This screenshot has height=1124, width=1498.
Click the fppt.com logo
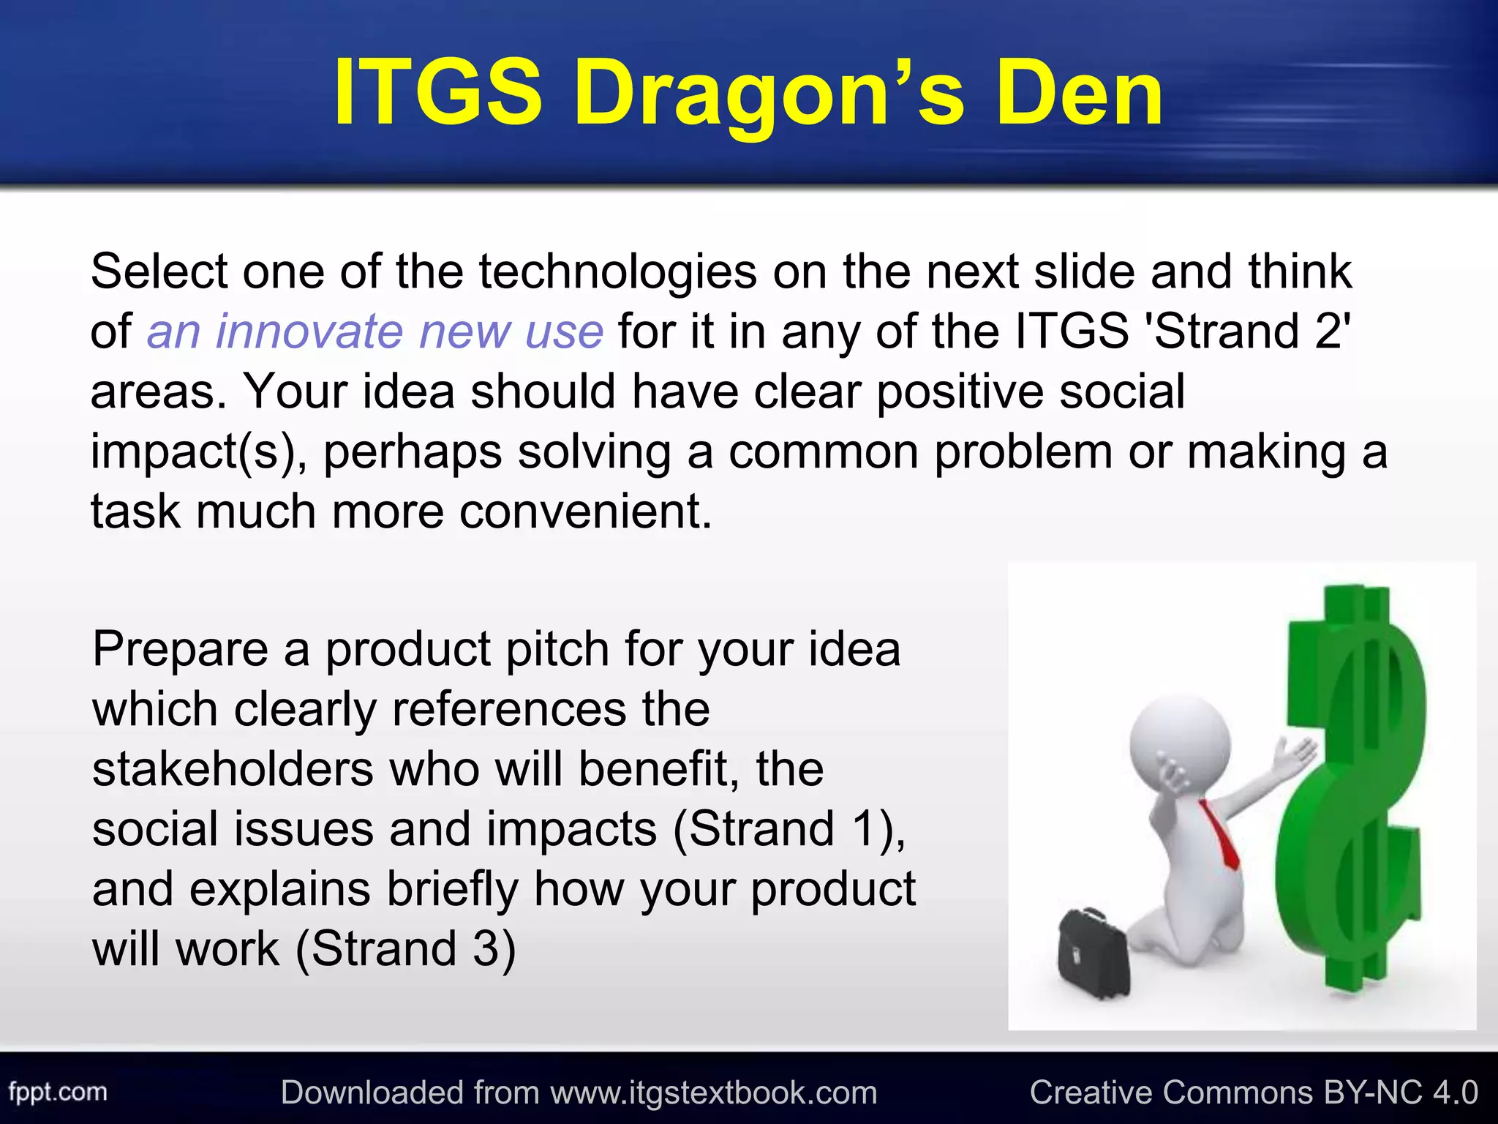pyautogui.click(x=58, y=1093)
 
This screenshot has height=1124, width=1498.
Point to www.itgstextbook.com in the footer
pyautogui.click(x=713, y=1093)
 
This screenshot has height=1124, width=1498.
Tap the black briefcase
pyautogui.click(x=1094, y=952)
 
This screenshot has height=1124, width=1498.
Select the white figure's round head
pyautogui.click(x=1179, y=739)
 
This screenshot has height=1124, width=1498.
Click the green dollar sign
pyautogui.click(x=1353, y=790)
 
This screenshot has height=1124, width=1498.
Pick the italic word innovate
pyautogui.click(x=309, y=331)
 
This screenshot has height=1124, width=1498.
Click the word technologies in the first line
pyautogui.click(x=617, y=272)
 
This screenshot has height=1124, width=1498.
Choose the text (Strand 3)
pyautogui.click(x=406, y=949)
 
